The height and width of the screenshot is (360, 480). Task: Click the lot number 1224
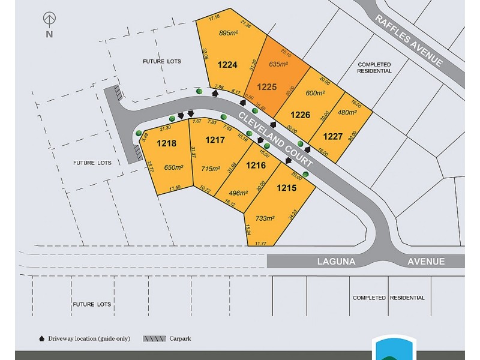(x=227, y=65)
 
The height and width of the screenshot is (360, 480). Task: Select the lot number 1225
(x=266, y=86)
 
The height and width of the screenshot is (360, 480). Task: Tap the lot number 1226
(x=301, y=115)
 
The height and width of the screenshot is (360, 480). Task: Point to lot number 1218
(x=166, y=143)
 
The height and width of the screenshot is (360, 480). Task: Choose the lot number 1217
(x=215, y=140)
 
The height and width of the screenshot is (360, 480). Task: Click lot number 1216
(x=256, y=164)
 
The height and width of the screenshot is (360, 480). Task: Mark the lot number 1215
(x=287, y=188)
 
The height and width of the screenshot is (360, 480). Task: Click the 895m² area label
(x=229, y=34)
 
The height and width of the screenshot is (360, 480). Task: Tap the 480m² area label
(x=347, y=111)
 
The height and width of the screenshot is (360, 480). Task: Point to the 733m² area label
(x=265, y=218)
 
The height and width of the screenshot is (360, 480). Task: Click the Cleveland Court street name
(x=275, y=139)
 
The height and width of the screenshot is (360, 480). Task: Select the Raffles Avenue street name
(x=410, y=41)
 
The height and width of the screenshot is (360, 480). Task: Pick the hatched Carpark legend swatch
(x=154, y=338)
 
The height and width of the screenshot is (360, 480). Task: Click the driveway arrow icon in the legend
(x=41, y=338)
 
